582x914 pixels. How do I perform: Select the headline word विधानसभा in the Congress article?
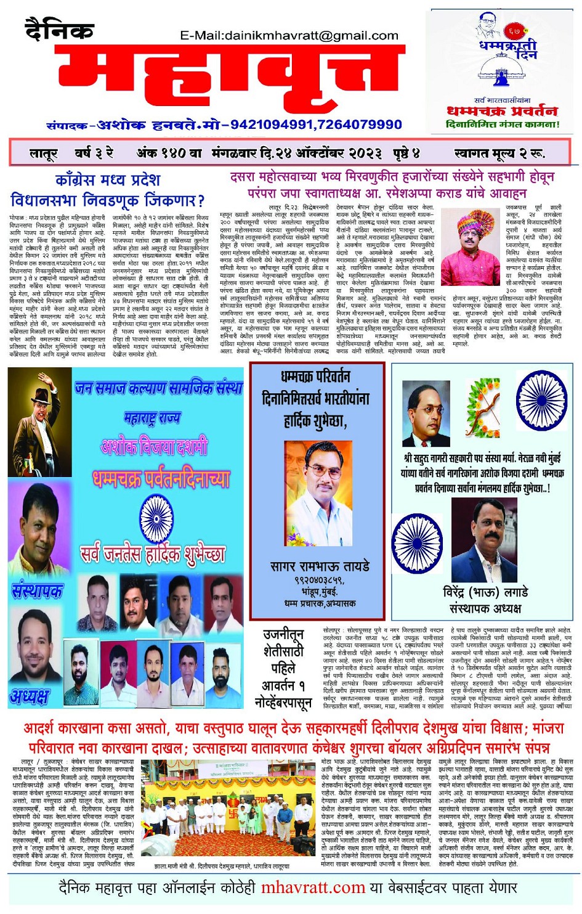(x=46, y=200)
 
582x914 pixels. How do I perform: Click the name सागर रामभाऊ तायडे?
(x=319, y=566)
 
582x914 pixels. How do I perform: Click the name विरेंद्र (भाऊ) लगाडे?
(x=485, y=592)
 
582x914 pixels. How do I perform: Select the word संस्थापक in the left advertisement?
(x=37, y=590)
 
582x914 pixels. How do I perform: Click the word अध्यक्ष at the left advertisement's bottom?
(x=30, y=696)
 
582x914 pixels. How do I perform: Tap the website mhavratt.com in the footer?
(x=313, y=888)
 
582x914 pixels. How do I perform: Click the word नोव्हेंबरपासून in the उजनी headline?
(x=283, y=702)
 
